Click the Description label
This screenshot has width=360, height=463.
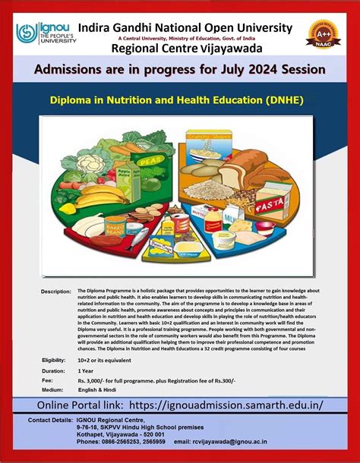coord(56,291)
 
